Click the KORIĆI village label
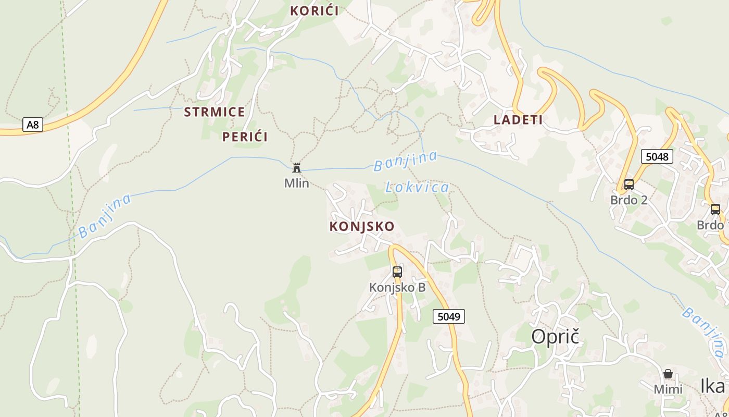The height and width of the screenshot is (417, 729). tap(314, 10)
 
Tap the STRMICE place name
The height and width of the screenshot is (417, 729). tap(214, 112)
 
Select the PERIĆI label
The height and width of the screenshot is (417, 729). tap(245, 137)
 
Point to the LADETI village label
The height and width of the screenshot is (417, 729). tap(518, 120)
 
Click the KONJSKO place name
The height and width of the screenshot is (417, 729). tap(362, 226)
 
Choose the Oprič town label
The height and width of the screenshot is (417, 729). tap(555, 337)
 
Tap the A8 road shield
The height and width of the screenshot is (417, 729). tap(32, 125)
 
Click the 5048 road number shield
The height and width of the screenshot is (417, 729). tap(657, 156)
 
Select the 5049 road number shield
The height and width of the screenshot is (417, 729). tap(448, 316)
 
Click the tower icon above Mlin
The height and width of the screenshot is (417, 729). tap(297, 167)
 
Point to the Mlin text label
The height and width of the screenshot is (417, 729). tap(297, 183)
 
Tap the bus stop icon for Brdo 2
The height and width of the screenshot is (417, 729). tap(629, 184)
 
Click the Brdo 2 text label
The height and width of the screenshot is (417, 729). tap(629, 200)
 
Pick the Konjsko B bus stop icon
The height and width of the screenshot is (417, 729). tap(397, 272)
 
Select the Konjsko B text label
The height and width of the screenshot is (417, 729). tap(397, 287)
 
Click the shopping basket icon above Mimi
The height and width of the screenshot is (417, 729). tap(668, 374)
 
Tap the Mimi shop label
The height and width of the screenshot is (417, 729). tap(668, 389)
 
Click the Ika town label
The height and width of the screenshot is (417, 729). tap(712, 386)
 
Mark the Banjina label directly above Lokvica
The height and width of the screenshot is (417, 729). tap(405, 161)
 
